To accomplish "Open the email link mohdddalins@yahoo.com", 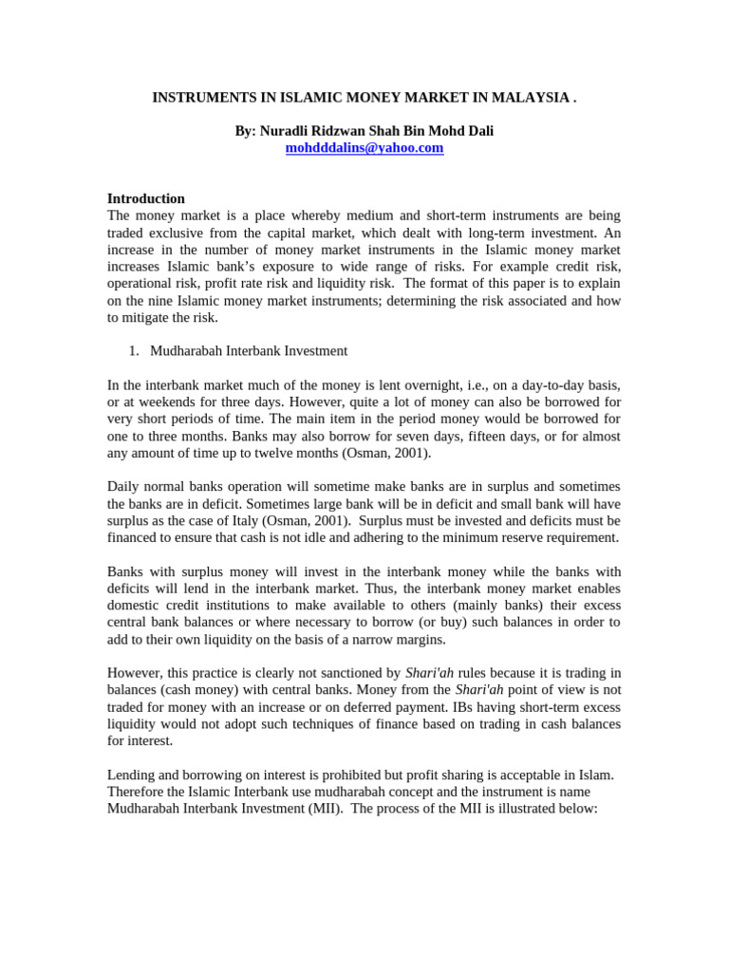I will pyautogui.click(x=364, y=148).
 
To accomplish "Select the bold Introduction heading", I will pyautogui.click(x=145, y=198).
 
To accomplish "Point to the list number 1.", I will pyautogui.click(x=133, y=351).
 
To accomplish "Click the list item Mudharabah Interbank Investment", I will pyautogui.click(x=249, y=351).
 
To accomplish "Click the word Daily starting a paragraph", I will pyautogui.click(x=125, y=487).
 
